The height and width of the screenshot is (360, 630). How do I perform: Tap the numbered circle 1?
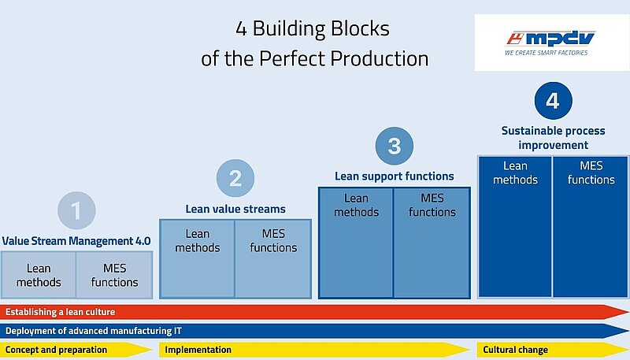(76, 210)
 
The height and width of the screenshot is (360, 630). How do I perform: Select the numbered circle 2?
(235, 178)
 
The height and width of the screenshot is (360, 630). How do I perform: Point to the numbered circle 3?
(395, 146)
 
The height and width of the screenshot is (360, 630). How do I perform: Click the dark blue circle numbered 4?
(554, 101)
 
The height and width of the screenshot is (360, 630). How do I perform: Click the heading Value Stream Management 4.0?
(76, 241)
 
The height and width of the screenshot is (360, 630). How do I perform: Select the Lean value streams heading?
(235, 209)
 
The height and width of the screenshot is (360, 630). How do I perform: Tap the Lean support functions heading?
(395, 176)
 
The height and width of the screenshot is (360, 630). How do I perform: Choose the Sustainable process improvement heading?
(554, 138)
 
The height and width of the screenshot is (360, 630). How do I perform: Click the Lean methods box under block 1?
(39, 275)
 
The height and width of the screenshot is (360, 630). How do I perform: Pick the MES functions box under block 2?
(273, 259)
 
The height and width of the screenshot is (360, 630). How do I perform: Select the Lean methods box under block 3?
(356, 243)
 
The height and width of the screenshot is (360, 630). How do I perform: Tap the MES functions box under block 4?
(591, 227)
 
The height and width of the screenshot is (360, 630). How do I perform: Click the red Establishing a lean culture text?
(61, 312)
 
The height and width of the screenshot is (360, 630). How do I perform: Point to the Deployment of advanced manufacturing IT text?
(93, 331)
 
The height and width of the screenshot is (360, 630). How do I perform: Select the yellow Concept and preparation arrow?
(76, 350)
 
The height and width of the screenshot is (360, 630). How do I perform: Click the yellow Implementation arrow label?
(198, 350)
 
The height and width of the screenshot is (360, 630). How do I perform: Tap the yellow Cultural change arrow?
(553, 350)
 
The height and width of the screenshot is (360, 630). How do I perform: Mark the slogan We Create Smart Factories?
(546, 53)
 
